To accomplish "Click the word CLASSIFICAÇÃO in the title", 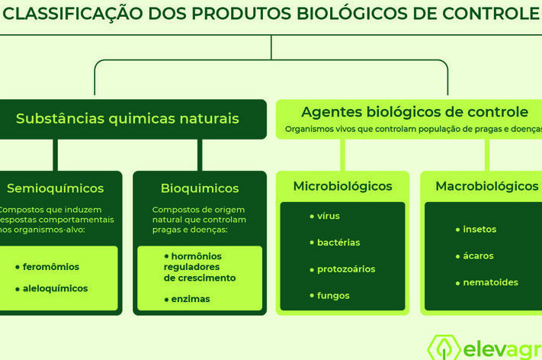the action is (x=73, y=14).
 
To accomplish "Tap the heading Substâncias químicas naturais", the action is (x=127, y=119).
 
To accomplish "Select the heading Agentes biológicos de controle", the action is (x=415, y=112).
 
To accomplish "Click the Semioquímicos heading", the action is (x=56, y=188).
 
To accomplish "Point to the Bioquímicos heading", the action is (x=200, y=188).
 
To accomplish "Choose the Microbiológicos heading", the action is (x=342, y=186).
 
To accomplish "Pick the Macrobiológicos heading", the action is (x=487, y=186).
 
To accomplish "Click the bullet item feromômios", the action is (x=51, y=267).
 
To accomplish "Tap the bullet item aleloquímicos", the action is (x=56, y=288).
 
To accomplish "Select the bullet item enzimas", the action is (x=191, y=299).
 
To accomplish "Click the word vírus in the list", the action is (x=329, y=216).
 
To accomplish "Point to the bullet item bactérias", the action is (x=338, y=243).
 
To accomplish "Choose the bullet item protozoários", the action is (x=346, y=269).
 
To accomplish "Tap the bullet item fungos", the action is (x=333, y=296).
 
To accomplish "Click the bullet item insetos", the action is (x=479, y=230).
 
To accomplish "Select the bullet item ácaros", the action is (x=478, y=256).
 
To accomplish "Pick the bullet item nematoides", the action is (x=490, y=282).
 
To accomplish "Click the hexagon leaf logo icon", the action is (x=444, y=348).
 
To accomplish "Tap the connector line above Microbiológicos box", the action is (x=342, y=155).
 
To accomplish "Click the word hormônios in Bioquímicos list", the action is (x=197, y=256).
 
